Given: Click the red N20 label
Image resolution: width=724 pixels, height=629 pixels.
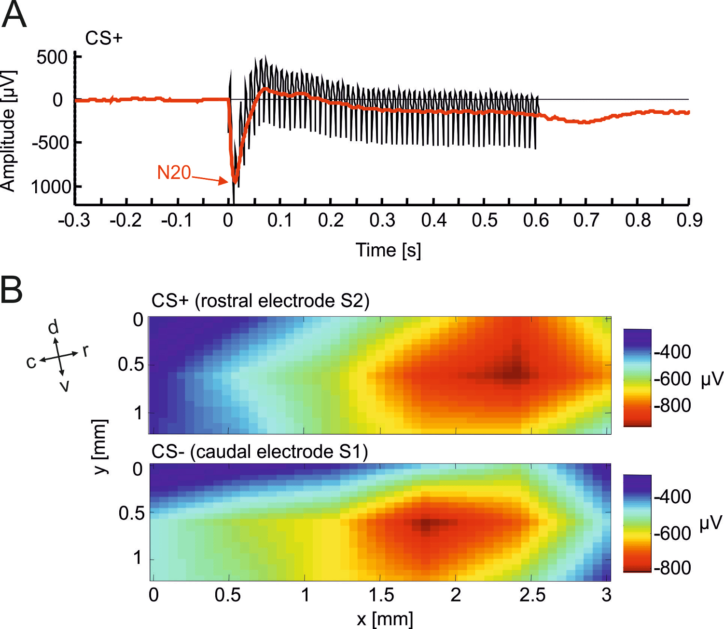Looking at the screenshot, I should coord(174,173).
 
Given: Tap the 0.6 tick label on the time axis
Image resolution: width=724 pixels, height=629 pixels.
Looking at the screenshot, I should coord(536,220).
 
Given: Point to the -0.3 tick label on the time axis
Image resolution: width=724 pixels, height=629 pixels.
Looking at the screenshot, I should coord(74,220).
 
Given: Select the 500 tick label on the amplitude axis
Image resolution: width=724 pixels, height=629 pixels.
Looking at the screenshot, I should coord(52,57).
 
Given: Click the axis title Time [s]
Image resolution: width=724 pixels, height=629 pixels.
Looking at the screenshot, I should coord(388,250).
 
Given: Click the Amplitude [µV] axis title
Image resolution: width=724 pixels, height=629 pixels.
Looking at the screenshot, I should coord(8,131).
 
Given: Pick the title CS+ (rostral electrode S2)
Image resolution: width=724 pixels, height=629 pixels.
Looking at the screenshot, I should coord(260,301).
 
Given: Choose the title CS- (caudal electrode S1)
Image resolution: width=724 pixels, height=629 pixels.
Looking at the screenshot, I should coord(259,452).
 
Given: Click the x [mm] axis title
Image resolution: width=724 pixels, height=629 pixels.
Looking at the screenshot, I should coord(385,619).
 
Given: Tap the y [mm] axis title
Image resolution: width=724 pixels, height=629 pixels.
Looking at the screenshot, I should coord(99,447).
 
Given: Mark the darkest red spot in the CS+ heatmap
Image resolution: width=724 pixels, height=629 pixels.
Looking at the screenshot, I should coord(515,373).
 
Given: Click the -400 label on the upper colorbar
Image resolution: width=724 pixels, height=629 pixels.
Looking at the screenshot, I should coord(672,352).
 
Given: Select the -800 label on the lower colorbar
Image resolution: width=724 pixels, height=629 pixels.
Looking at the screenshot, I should coord(672,568).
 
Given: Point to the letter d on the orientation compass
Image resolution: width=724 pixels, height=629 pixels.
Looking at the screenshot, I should coord(53,327).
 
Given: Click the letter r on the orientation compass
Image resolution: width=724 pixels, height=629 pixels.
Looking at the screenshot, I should coord(85,350).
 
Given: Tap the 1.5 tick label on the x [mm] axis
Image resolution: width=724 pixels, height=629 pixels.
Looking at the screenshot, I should coord(381,595).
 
